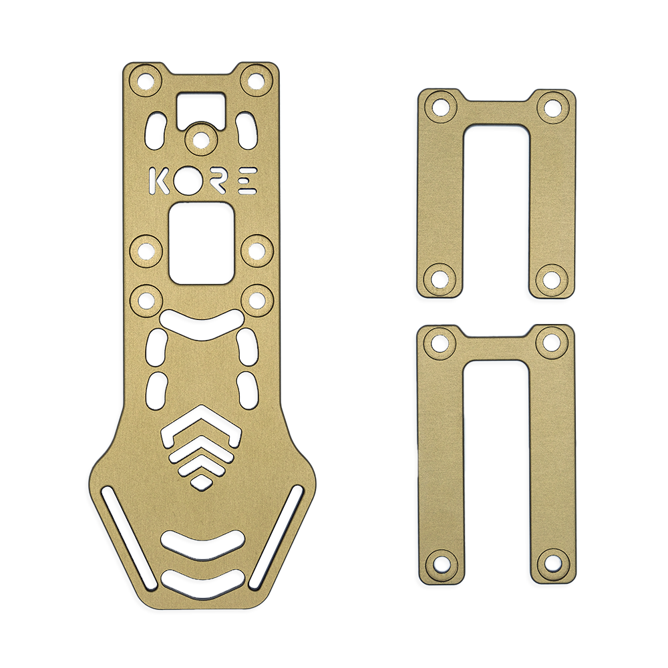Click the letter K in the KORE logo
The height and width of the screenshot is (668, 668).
[x=159, y=181]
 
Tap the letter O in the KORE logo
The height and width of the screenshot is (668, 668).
[x=190, y=181]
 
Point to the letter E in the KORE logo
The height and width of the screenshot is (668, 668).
[x=247, y=181]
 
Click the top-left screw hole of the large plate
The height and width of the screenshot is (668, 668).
[x=146, y=79]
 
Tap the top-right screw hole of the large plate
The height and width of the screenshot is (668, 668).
[x=255, y=79]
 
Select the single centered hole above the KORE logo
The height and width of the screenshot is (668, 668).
[x=199, y=138]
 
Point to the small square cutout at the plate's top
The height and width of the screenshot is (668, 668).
[x=201, y=108]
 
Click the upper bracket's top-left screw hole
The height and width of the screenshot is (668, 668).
[x=440, y=106]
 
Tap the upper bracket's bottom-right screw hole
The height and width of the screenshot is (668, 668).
[x=552, y=277]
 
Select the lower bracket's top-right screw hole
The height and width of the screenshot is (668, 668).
[x=552, y=342]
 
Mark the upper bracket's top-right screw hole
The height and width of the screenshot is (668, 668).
[x=552, y=106]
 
